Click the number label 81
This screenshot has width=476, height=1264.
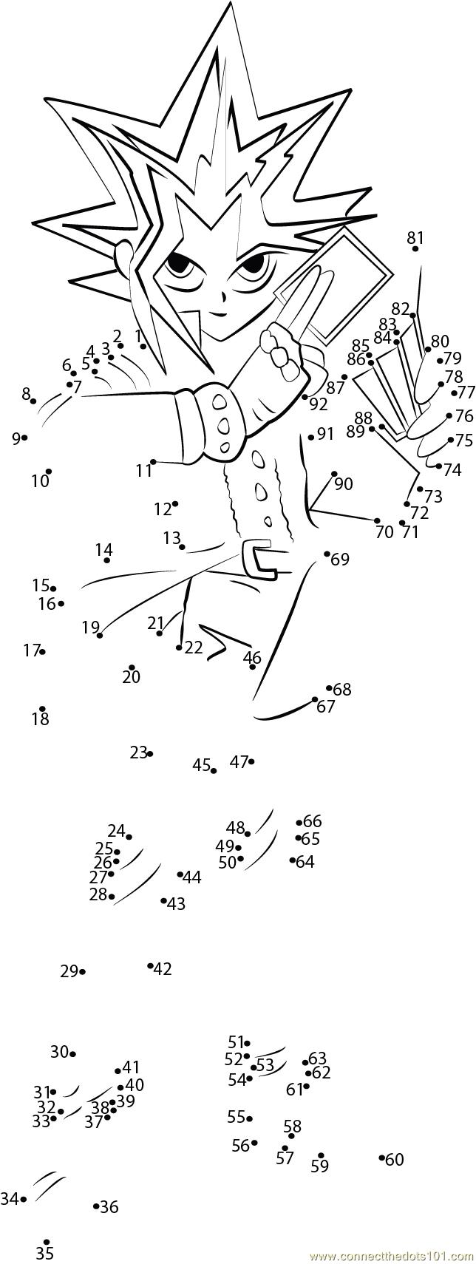pyautogui.click(x=415, y=237)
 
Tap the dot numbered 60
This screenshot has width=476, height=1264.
pyautogui.click(x=382, y=1158)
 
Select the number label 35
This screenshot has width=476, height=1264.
pyautogui.click(x=44, y=1253)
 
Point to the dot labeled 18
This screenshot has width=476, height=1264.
pyautogui.click(x=42, y=708)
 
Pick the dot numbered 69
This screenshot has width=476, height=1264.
pyautogui.click(x=327, y=553)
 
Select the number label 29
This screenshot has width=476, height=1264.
pyautogui.click(x=69, y=971)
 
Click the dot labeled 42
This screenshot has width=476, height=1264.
pyautogui.click(x=150, y=965)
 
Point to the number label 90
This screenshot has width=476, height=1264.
pyautogui.click(x=343, y=484)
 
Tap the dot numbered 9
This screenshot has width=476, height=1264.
pyautogui.click(x=24, y=438)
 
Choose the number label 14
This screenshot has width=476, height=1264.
pyautogui.click(x=103, y=549)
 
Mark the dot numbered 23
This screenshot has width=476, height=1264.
pyautogui.click(x=150, y=753)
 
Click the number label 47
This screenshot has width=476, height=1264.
pyautogui.click(x=238, y=762)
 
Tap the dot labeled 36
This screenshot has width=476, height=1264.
pyautogui.click(x=96, y=1206)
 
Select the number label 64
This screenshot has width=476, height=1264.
pyautogui.click(x=305, y=861)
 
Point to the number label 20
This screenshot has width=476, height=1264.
pyautogui.click(x=131, y=676)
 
